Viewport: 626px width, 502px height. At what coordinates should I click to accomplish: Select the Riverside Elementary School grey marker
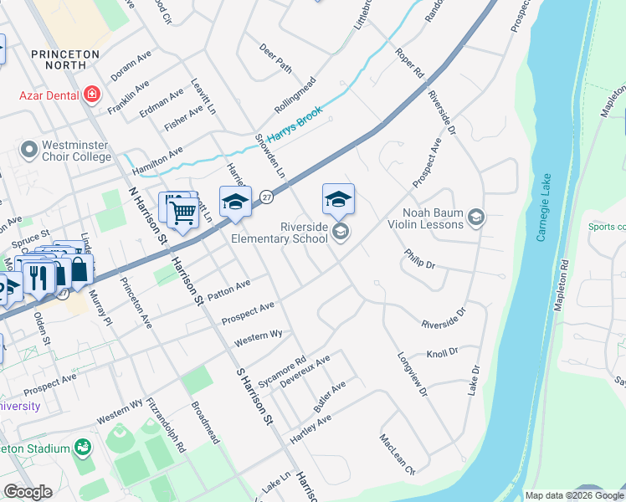[340, 232]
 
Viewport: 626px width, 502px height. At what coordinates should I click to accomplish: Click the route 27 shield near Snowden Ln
[265, 195]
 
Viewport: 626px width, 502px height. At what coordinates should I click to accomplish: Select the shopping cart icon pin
[182, 210]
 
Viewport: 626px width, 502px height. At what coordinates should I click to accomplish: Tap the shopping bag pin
[79, 269]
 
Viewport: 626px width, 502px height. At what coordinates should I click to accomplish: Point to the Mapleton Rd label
[562, 285]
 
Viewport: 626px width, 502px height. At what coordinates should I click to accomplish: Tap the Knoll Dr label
[442, 353]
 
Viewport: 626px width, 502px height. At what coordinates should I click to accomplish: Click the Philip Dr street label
[419, 259]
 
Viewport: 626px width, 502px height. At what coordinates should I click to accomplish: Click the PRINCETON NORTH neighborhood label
[64, 59]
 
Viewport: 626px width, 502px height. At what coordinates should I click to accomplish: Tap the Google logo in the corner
[28, 491]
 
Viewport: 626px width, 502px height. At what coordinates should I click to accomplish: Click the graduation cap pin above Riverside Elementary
[338, 199]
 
